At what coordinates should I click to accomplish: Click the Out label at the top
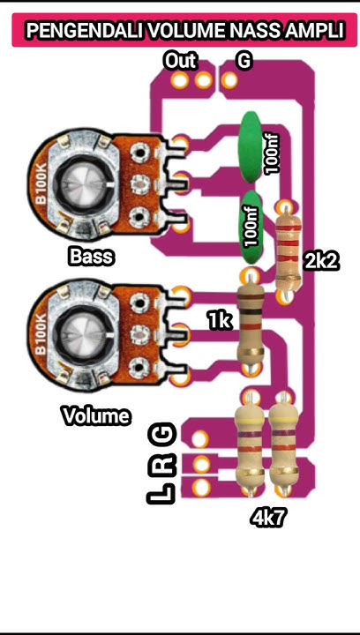point(180,61)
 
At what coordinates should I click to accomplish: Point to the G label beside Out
point(244,61)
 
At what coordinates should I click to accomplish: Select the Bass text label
point(92,258)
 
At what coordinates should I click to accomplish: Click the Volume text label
point(95,415)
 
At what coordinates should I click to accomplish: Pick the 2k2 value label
point(321,261)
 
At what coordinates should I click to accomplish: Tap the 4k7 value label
point(268,519)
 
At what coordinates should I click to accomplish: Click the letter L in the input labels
point(164,495)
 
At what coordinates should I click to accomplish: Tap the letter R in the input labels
point(164,464)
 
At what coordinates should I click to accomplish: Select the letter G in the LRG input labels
point(164,434)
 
